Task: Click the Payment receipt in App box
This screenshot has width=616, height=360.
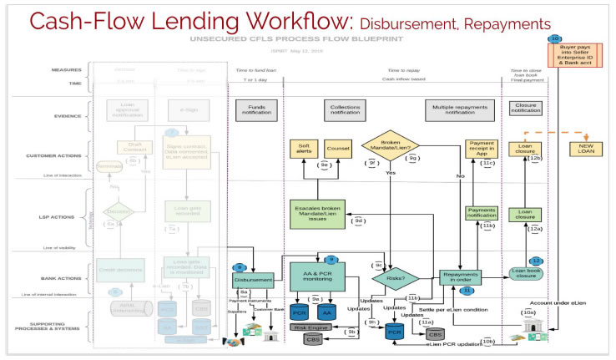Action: coord(481,149)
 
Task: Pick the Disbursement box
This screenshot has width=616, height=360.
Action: coord(253,279)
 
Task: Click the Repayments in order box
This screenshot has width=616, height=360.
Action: coord(461,278)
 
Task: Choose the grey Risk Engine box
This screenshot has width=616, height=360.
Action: coord(309,327)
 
